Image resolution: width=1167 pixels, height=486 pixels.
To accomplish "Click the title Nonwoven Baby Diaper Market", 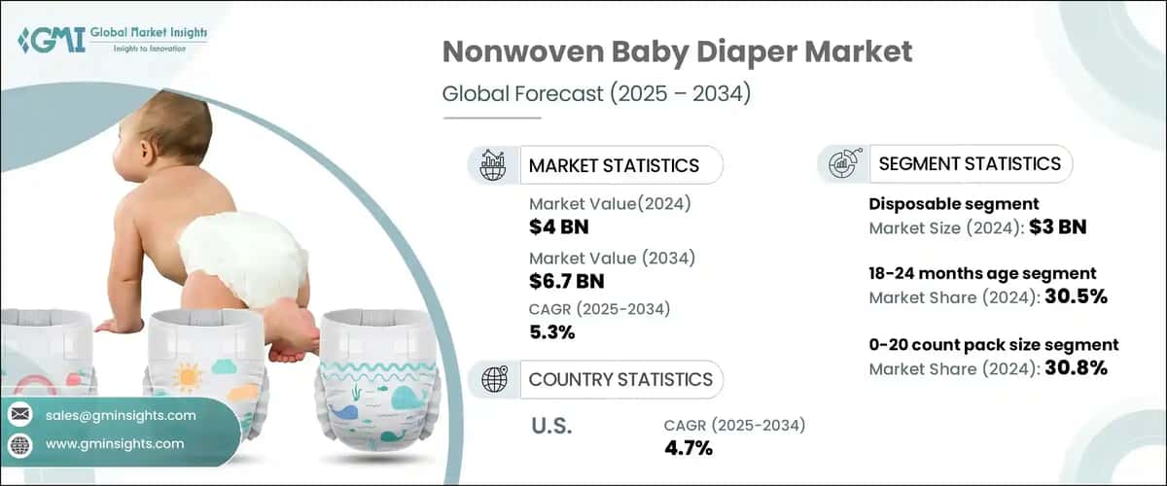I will click(x=677, y=52).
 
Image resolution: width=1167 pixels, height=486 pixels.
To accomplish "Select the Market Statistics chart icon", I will click(x=493, y=164).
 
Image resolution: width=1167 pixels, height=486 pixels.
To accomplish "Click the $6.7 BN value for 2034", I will click(x=567, y=281).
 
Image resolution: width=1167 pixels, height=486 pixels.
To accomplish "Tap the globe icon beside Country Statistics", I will click(x=493, y=378).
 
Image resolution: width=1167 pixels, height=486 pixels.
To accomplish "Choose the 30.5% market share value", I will click(x=1077, y=296).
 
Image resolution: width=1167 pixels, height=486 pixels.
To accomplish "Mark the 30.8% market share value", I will click(x=1076, y=367).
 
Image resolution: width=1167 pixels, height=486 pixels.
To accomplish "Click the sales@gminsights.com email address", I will click(x=121, y=415).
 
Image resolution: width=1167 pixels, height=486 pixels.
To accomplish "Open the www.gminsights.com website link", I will click(x=115, y=443).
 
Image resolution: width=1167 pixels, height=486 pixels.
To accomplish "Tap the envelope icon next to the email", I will click(x=20, y=415).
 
